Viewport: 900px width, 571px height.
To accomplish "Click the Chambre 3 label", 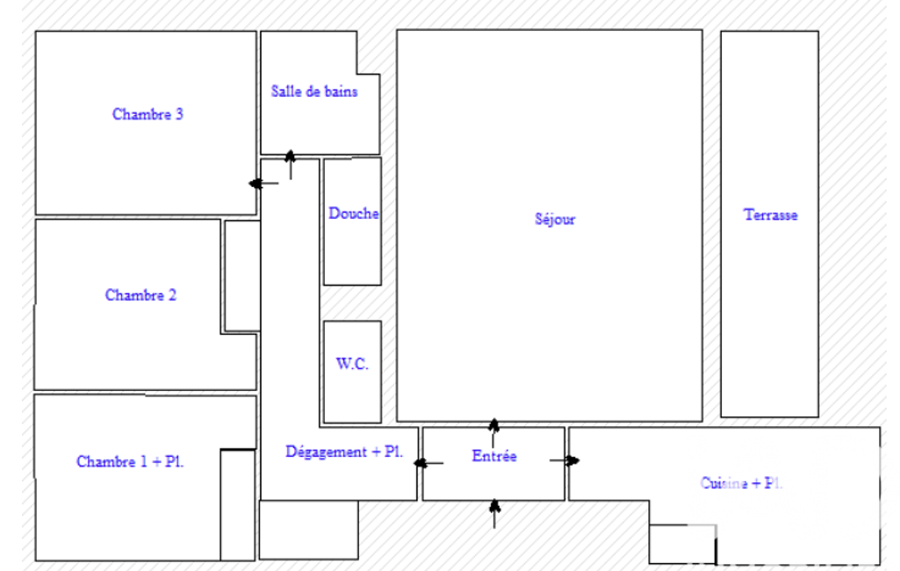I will pos(148,114).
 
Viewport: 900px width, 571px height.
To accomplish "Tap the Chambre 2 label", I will pos(140,295).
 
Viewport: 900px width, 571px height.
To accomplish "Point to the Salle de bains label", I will pos(313,91).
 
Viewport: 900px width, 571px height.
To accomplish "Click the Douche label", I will pos(353,213).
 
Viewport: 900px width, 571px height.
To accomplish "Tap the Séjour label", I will pos(555,220).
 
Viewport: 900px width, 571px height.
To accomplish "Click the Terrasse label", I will pos(770,215).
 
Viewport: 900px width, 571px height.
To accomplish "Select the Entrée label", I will pos(494,457).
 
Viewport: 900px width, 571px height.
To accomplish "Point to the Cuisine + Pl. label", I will pos(741,483).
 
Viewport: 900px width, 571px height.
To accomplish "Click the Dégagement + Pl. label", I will pos(344,452).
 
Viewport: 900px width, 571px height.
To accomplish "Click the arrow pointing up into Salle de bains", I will pos(291,164).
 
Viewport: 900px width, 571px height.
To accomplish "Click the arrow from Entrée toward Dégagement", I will pos(428,463).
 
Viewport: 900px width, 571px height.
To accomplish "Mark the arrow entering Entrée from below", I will pos(494,513).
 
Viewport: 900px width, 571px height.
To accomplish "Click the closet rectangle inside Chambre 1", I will pos(237,504).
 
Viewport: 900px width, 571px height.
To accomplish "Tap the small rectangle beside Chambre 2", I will pos(242,276).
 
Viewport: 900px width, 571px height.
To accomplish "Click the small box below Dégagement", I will pos(308,530).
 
